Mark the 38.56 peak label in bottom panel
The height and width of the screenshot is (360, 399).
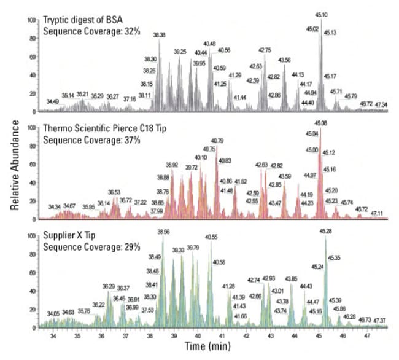(164, 232)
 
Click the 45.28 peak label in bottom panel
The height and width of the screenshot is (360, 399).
(325, 232)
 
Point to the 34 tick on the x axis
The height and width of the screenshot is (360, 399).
(53, 337)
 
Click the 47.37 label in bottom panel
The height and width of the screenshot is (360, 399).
(379, 321)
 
